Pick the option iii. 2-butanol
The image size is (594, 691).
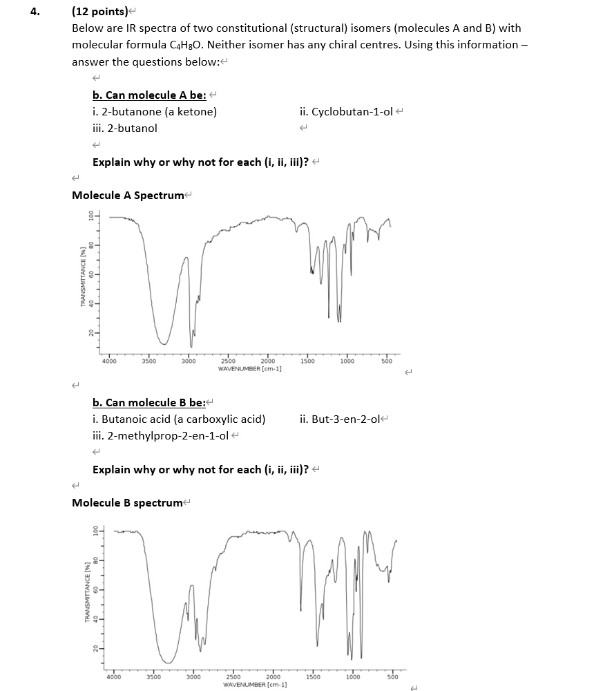click(125, 128)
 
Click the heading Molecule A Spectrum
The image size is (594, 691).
click(127, 195)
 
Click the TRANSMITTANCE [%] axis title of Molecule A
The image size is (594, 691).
click(83, 276)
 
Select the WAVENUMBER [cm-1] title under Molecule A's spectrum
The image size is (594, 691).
click(249, 369)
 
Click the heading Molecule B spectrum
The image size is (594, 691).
click(126, 502)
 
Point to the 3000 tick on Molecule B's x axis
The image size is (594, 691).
click(193, 677)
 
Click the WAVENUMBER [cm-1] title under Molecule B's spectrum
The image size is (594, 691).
click(254, 684)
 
